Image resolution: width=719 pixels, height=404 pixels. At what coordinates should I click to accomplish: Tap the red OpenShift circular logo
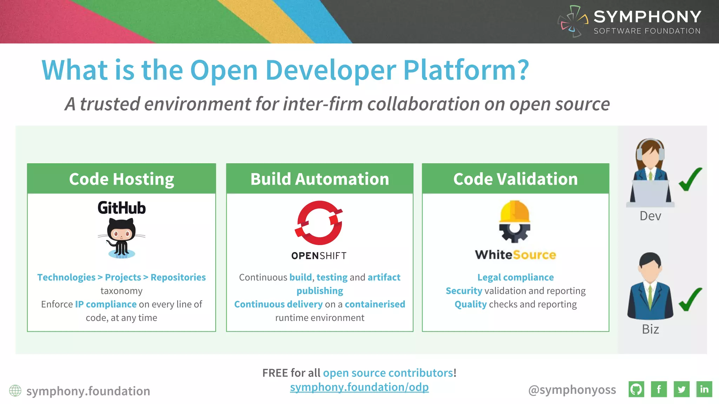coord(319,223)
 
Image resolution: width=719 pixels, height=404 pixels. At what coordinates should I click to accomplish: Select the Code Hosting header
coord(121,179)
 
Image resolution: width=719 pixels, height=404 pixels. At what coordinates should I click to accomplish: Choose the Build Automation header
coord(319,179)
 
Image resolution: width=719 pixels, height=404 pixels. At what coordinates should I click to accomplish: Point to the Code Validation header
coord(515,179)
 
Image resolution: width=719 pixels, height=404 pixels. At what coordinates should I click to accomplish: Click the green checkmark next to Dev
coord(690,179)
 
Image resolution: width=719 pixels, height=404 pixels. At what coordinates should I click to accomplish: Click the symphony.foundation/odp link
coord(359,387)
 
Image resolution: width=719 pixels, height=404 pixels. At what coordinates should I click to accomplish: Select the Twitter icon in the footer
coord(681,389)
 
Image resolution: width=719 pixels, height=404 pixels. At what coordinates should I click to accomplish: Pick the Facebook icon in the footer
coord(659,389)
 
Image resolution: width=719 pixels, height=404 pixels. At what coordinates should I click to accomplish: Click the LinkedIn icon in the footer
coord(704,389)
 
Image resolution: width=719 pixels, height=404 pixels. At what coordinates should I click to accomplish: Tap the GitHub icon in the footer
coord(636,389)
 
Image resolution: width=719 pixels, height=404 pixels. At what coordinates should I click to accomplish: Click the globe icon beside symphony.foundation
coord(15,391)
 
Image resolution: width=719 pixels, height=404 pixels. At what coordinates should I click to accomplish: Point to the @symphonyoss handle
coord(572,390)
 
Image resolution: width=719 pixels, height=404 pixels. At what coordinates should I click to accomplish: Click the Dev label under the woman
coord(650,216)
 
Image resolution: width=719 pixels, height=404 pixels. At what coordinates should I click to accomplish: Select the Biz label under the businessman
coord(650,329)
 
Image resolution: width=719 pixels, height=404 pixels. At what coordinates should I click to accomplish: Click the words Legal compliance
coord(515,277)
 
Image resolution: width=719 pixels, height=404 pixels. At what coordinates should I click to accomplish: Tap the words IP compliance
coord(106,304)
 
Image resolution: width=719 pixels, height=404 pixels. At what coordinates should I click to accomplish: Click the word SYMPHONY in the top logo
coord(647,16)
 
